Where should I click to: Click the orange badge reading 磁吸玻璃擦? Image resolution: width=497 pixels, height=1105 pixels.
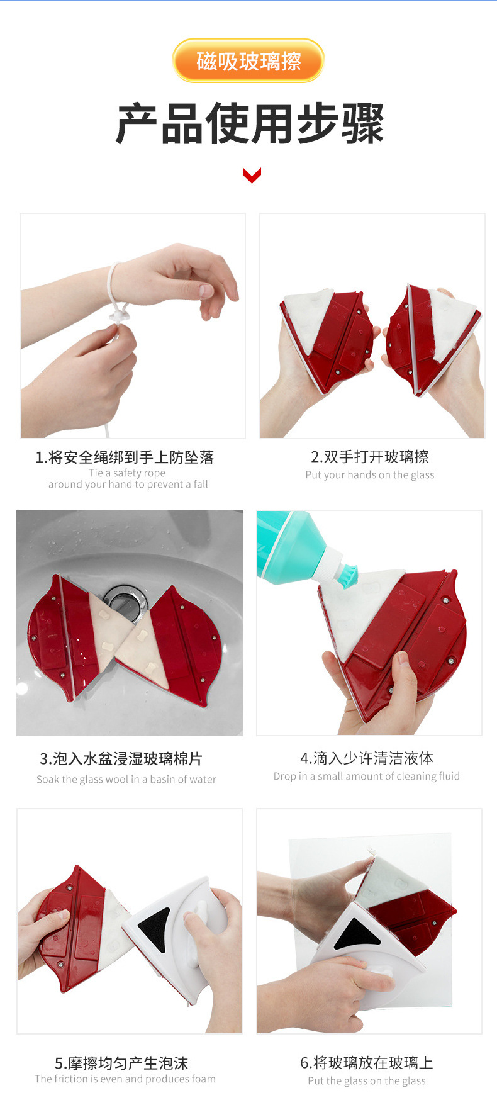[x=248, y=60]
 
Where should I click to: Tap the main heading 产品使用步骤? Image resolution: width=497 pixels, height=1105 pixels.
[x=250, y=124]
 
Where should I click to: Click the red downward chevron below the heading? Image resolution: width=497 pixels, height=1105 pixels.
[x=252, y=175]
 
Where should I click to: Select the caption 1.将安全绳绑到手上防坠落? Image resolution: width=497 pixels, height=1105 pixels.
[x=125, y=457]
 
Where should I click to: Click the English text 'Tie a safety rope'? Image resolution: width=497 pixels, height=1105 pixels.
[x=127, y=473]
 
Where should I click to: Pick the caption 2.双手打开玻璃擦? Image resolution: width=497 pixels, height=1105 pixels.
[x=370, y=457]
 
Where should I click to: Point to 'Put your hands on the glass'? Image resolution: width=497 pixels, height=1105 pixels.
[x=370, y=474]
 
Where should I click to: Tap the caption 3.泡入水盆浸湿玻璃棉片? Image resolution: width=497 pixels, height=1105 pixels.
[x=121, y=759]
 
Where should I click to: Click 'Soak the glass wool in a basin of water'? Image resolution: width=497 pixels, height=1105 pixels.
[x=126, y=779]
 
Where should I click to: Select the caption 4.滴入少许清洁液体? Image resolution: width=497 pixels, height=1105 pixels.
[x=367, y=758]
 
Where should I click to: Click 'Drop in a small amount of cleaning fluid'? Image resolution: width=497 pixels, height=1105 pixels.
[x=367, y=776]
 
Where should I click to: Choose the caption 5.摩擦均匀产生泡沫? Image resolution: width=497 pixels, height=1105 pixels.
[x=121, y=1063]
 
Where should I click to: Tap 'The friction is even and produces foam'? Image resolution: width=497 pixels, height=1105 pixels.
[x=125, y=1079]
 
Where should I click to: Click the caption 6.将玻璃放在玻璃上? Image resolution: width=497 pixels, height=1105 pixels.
[x=367, y=1062]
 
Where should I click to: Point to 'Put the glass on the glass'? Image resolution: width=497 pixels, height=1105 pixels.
[x=367, y=1080]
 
